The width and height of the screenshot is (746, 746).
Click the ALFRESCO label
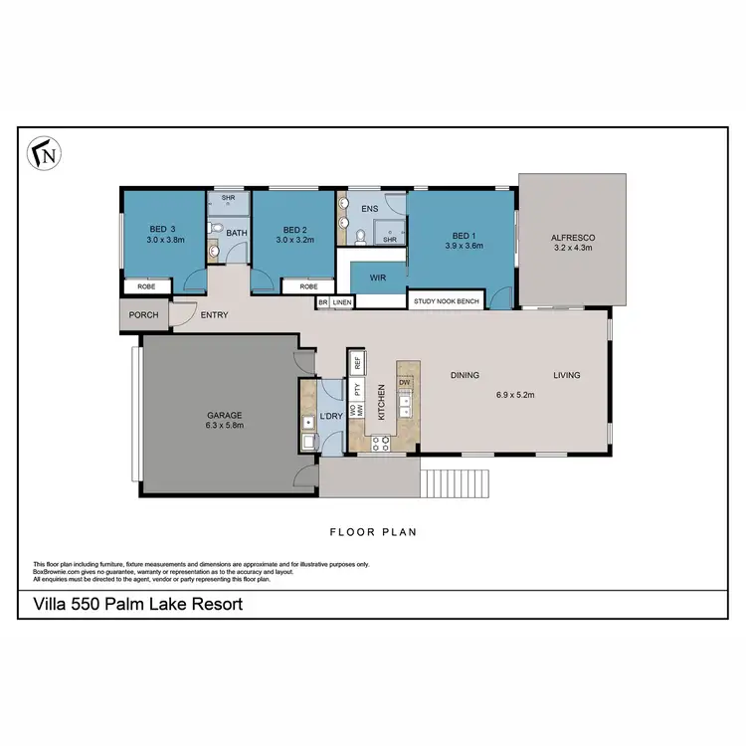[x=572, y=237]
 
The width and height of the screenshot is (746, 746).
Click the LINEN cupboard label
[x=343, y=301]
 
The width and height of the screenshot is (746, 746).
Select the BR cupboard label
[x=322, y=301]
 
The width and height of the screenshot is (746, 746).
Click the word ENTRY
[x=214, y=316]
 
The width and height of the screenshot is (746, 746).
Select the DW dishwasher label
[x=405, y=382]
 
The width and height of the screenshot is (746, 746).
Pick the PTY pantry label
[x=356, y=388]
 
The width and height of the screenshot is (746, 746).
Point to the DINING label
[x=465, y=376]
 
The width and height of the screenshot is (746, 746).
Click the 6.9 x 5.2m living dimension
[x=515, y=395]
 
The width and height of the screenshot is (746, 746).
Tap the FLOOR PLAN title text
[x=373, y=532]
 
